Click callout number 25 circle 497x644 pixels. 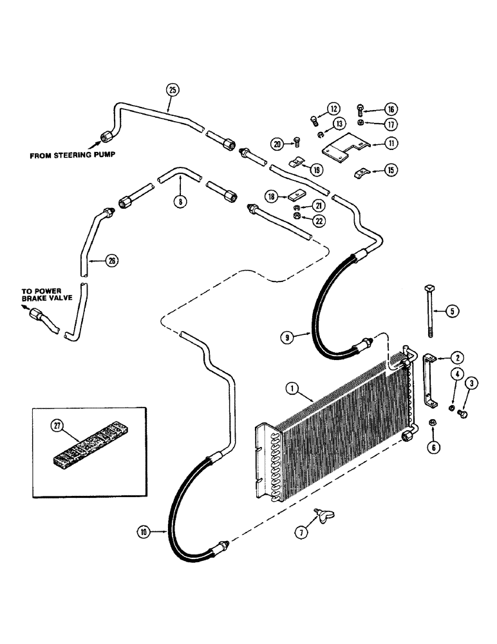coord(171,90)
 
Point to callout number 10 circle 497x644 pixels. coord(142,531)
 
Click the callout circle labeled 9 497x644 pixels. coord(286,336)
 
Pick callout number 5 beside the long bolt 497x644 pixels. coord(451,311)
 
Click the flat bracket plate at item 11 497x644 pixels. coord(344,146)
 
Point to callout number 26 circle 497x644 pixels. coord(95,260)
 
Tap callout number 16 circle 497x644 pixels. coord(391,109)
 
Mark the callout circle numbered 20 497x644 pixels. coord(277,144)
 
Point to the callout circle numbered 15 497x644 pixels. coord(391,170)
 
